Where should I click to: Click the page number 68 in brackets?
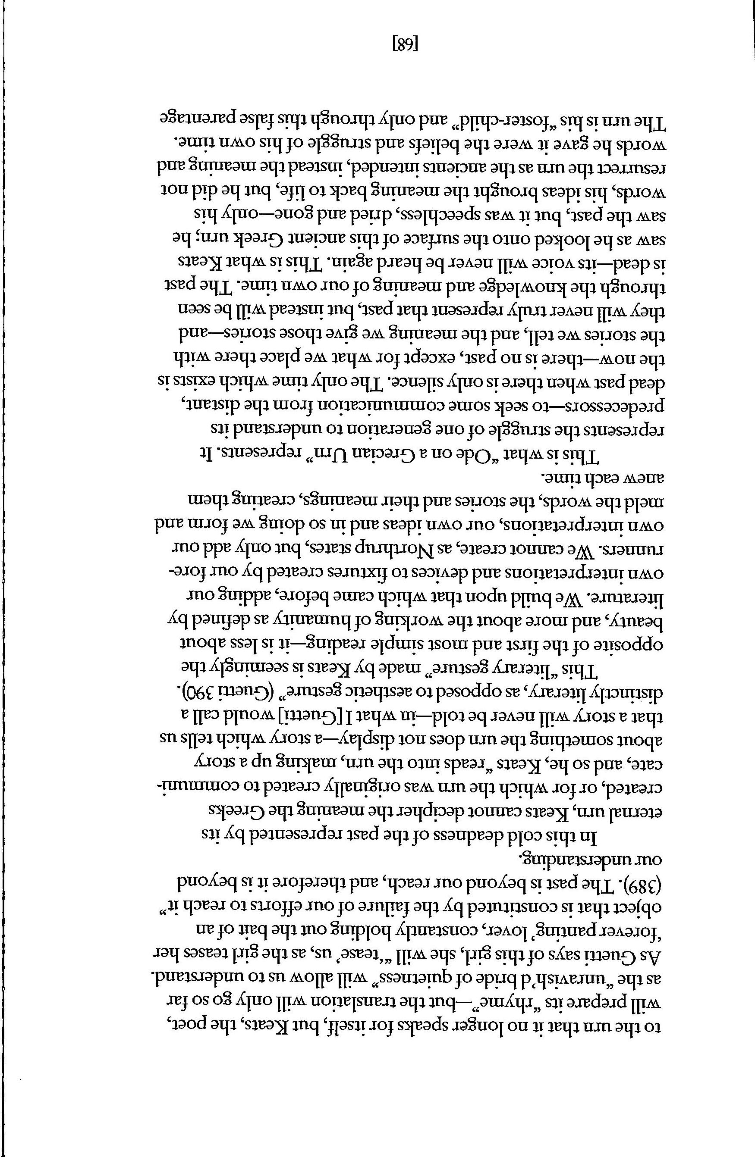pos(405,45)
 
